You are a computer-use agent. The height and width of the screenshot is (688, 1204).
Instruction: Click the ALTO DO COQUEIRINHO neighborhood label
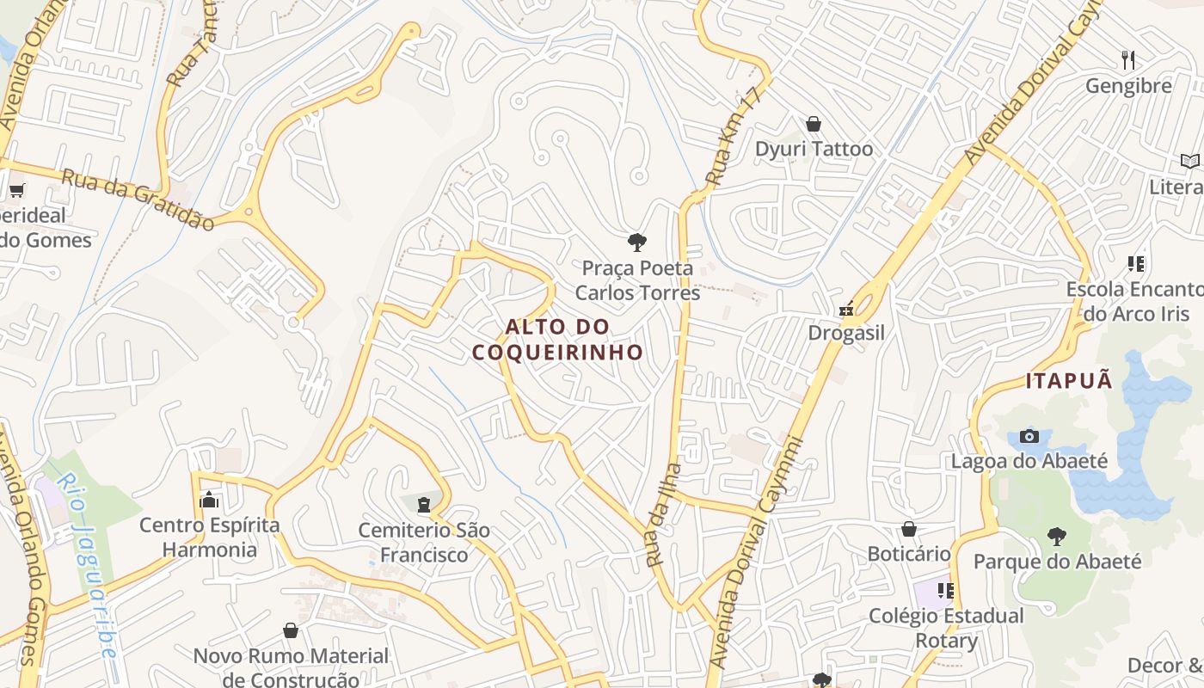(557, 339)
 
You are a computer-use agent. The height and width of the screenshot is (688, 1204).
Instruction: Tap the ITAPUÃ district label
(1069, 380)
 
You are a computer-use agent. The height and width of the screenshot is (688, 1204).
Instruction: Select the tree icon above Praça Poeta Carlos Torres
(636, 243)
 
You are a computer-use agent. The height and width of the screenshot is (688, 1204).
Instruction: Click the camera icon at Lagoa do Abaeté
(1029, 437)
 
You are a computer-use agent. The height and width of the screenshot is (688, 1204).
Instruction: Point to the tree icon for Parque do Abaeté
(1057, 537)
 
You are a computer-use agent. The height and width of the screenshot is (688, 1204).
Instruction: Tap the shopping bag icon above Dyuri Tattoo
(814, 125)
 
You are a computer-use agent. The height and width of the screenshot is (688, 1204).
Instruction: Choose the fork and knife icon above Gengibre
(1128, 60)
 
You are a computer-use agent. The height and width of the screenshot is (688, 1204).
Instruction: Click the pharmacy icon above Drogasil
(846, 308)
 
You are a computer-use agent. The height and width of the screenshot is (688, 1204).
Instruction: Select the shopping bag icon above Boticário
(909, 529)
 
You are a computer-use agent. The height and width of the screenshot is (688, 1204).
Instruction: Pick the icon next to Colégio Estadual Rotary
(946, 591)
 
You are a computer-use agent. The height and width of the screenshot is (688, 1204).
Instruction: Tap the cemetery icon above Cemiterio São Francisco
(423, 505)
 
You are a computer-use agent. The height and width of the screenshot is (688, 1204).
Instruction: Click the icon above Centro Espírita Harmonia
(209, 500)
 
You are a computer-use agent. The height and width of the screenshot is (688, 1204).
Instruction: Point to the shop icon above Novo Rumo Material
(291, 631)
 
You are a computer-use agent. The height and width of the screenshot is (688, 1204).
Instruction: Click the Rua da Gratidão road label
(138, 199)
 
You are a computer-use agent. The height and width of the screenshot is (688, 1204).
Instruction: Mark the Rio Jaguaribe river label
(86, 566)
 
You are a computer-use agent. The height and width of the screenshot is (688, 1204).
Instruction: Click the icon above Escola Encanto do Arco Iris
(1135, 264)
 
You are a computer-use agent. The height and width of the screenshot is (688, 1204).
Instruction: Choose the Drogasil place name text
(846, 333)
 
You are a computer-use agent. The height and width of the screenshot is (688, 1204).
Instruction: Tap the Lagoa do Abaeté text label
(1029, 461)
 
